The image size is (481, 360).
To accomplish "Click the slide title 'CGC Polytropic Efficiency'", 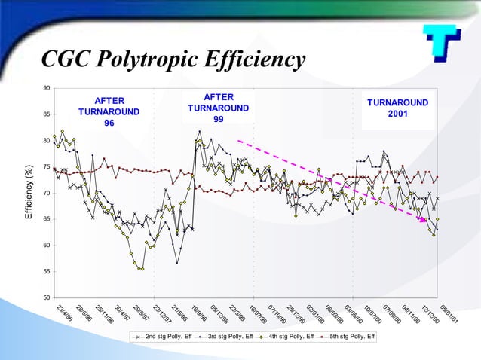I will tap(173, 59).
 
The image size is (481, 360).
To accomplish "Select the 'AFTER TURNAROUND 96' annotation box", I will tap(109, 111).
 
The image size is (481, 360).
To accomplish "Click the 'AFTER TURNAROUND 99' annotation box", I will tap(218, 108).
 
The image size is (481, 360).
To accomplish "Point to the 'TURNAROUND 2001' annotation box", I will tap(397, 108).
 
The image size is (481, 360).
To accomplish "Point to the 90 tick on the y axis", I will tap(46, 89).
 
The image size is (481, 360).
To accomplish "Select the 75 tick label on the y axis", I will tap(46, 167).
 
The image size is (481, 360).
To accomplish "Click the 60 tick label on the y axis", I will tap(46, 246).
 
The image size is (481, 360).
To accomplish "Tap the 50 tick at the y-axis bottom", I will tap(46, 297).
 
